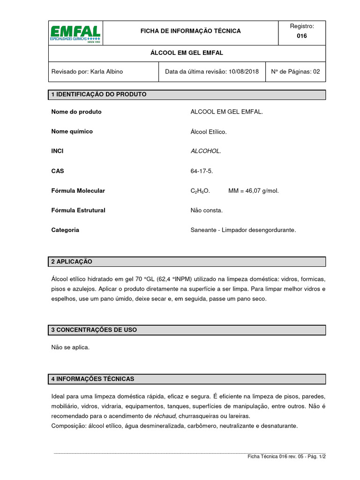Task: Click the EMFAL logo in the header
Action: (75, 33)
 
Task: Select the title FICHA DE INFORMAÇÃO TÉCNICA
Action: (191, 31)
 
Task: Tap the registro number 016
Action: (302, 36)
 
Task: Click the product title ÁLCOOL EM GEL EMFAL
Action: (187, 53)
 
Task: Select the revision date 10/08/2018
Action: (243, 72)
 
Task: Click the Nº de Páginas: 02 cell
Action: (295, 72)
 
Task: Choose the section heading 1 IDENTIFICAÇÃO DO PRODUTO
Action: (99, 95)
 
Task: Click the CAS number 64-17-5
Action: (202, 171)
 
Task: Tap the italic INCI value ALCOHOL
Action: (205, 151)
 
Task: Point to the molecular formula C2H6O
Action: (200, 191)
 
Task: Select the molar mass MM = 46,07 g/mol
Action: (253, 191)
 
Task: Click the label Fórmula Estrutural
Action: (78, 210)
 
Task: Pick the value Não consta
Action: (206, 210)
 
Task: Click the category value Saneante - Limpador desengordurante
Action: (243, 230)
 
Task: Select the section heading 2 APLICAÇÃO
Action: (72, 262)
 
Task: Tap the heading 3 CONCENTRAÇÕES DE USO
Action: (94, 330)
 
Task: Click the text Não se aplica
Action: (70, 347)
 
